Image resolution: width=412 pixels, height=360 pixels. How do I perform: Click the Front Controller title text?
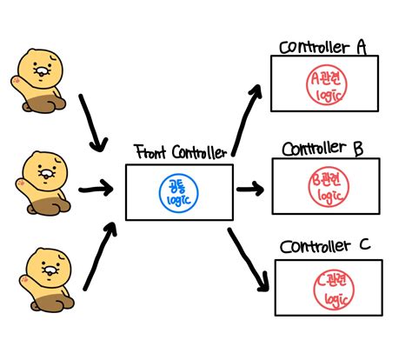tap(181, 152)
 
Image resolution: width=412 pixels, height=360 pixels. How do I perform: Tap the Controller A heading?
tap(322, 48)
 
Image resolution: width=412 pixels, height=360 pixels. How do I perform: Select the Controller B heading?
tap(322, 149)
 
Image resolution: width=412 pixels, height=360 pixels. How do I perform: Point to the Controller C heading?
tap(325, 247)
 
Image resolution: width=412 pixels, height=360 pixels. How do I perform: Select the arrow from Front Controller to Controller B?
tap(250, 190)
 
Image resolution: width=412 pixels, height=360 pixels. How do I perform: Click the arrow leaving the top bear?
tap(91, 123)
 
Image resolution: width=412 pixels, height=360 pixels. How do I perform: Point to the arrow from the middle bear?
tap(96, 190)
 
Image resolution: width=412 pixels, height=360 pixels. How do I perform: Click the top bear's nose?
tap(42, 71)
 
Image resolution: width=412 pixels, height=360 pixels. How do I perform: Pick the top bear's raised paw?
tap(16, 81)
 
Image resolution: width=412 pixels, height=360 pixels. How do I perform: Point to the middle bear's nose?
tap(46, 174)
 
